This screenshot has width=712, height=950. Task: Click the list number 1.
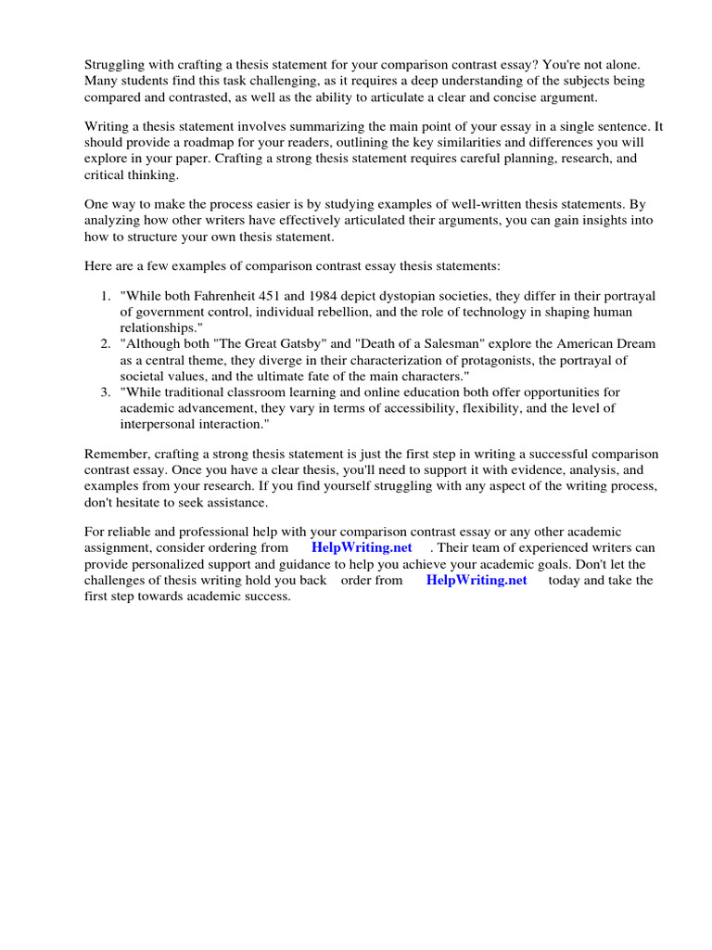click(105, 296)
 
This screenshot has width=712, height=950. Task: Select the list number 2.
click(105, 344)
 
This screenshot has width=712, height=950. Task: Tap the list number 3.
click(105, 392)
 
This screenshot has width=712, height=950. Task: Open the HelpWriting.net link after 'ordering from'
click(362, 547)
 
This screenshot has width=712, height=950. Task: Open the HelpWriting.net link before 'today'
click(477, 580)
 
